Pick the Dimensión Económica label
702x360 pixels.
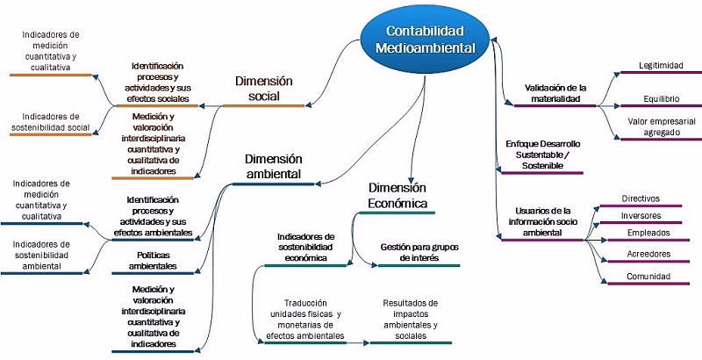click(397, 196)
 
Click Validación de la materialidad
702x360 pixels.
click(555, 93)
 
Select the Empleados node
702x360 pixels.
click(648, 234)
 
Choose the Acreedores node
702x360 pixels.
click(648, 254)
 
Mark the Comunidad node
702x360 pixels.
click(648, 276)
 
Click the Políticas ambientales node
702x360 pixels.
click(153, 259)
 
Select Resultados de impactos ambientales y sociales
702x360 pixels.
click(410, 319)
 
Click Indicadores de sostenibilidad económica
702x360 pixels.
click(306, 248)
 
